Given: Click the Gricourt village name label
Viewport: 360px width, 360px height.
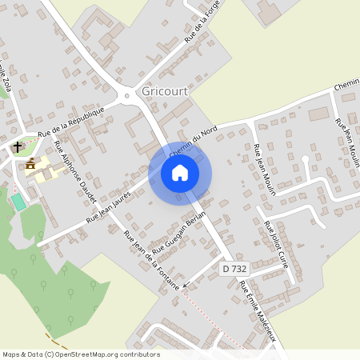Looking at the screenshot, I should click(x=164, y=91).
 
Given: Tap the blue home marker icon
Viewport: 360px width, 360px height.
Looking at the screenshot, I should click(x=180, y=173).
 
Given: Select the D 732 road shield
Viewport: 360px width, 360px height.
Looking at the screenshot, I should click(x=233, y=270).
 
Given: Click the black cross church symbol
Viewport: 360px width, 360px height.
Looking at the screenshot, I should click(x=16, y=147).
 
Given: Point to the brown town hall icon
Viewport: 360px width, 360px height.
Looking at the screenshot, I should click(x=30, y=164).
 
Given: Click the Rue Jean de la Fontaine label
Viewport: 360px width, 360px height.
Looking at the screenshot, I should click(x=150, y=266).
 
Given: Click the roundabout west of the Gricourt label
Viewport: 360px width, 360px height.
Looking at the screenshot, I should click(x=127, y=97).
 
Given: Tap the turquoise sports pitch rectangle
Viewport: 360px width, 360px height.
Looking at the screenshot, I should click(x=18, y=202).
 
